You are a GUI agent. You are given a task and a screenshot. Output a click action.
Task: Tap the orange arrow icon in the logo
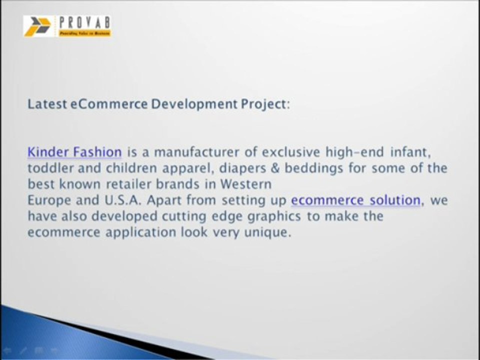(37, 26)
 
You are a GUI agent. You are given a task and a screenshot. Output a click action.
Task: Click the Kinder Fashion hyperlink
(74, 151)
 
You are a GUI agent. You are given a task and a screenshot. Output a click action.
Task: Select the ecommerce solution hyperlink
(355, 200)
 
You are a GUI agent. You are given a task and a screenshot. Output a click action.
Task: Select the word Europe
(48, 200)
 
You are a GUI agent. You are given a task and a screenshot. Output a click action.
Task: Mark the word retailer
(131, 184)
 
